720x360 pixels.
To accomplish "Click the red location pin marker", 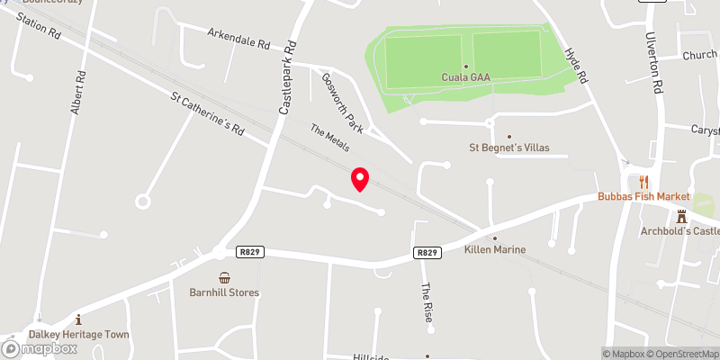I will tap(360, 179).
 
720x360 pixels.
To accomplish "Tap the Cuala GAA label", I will tap(465, 78).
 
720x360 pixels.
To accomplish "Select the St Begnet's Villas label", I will tap(509, 148).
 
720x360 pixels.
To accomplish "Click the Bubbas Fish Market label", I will tap(644, 196).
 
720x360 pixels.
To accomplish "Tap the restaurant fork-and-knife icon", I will tap(643, 181).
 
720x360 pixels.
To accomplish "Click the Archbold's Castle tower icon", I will tap(681, 216).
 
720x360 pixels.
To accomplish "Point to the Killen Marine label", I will tap(495, 249).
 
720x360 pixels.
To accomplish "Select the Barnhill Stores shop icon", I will tap(224, 277).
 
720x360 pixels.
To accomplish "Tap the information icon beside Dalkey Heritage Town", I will tap(78, 319).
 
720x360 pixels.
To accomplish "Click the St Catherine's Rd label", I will tap(208, 113).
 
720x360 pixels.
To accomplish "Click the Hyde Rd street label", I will tap(574, 66).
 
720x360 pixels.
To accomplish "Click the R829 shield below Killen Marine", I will tap(427, 253).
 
